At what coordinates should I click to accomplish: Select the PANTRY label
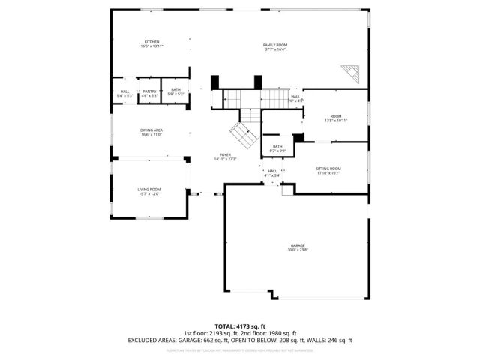pyautogui.click(x=150, y=93)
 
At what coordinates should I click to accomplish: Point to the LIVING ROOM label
pyautogui.click(x=148, y=191)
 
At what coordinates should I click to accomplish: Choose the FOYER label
pyautogui.click(x=225, y=156)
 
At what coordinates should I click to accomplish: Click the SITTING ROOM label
pyautogui.click(x=328, y=170)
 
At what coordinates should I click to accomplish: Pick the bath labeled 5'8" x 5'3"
pyautogui.click(x=175, y=93)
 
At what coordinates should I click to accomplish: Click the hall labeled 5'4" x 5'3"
pyautogui.click(x=124, y=93)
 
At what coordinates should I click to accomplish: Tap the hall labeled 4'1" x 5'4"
pyautogui.click(x=272, y=173)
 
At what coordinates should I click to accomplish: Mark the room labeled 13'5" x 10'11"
pyautogui.click(x=335, y=118)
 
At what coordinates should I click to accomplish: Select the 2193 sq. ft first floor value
pyautogui.click(x=223, y=333)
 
